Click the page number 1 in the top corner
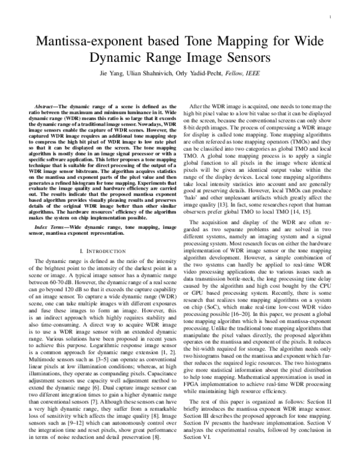[x=331, y=17]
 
